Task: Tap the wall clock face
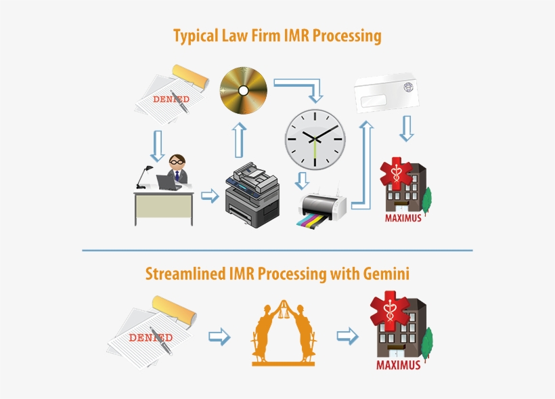pos(315,140)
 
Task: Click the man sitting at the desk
pos(177,170)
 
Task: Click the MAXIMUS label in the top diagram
pos(403,218)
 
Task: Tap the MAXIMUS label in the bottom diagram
pos(398,365)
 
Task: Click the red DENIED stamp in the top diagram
pos(171,99)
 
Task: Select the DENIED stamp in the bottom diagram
pos(150,337)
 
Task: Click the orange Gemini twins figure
pos(283,333)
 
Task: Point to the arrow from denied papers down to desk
pos(158,145)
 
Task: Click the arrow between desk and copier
pos(210,196)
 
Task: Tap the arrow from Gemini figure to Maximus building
pos(347,336)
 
